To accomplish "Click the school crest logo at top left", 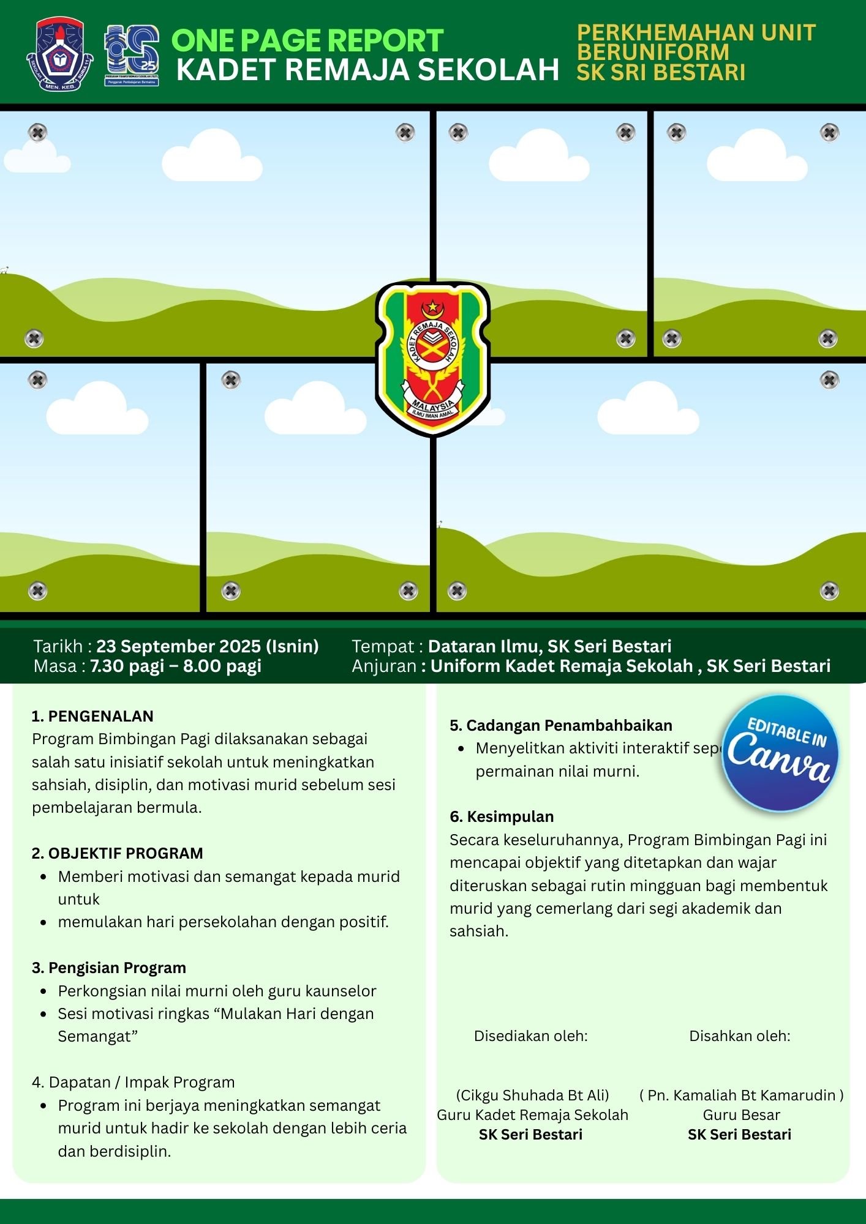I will (60, 54).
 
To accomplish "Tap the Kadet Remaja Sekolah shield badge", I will (432, 359).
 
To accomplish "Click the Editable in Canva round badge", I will (780, 753).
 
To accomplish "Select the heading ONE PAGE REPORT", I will (307, 41).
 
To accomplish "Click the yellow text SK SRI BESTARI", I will (661, 72).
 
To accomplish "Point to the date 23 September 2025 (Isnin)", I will (207, 646).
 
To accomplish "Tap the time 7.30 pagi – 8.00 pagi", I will (176, 666).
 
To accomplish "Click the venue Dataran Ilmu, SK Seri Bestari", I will (549, 646).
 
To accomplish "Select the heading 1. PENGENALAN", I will (92, 716).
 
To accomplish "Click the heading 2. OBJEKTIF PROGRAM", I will (117, 853).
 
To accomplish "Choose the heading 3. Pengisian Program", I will (108, 968).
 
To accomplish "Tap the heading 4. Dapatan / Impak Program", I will (133, 1082).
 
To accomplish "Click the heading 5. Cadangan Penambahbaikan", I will (560, 725).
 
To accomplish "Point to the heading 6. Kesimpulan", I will (502, 816).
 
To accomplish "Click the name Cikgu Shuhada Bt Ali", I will (532, 1095).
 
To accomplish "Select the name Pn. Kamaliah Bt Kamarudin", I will (741, 1095).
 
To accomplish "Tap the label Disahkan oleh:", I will (739, 1036).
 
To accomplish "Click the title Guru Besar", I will (741, 1114).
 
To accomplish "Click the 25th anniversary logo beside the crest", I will (132, 55).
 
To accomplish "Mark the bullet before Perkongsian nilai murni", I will (43, 991).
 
